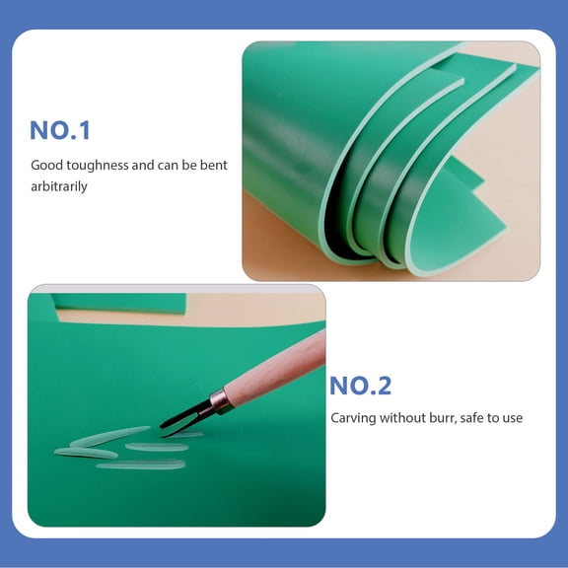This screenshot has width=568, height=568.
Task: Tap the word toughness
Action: [x=97, y=166]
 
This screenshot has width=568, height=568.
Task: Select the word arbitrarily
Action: [x=59, y=185]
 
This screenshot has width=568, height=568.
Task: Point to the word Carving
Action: [x=353, y=418]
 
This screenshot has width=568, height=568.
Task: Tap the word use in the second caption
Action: [x=513, y=418]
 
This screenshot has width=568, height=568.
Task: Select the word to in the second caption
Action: [x=495, y=418]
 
